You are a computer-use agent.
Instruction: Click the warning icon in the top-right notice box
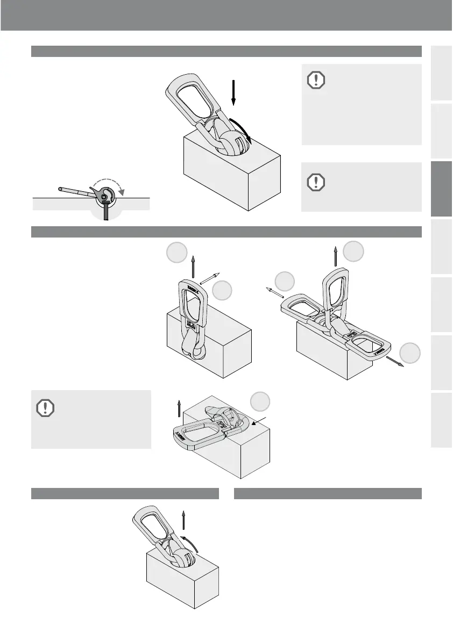[x=316, y=81]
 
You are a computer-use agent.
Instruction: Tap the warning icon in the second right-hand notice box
[x=316, y=182]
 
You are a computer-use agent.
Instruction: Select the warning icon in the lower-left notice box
[x=45, y=409]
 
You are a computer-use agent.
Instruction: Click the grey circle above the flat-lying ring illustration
[x=260, y=401]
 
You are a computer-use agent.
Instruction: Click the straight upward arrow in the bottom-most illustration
[x=184, y=522]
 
